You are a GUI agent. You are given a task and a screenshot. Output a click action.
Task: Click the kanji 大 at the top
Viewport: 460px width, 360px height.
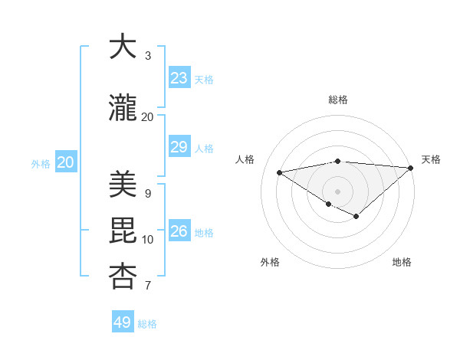[x=123, y=47]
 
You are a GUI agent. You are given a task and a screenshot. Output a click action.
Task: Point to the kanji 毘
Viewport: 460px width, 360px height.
[x=123, y=231]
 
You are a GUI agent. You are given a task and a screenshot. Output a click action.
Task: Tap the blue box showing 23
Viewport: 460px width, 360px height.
[x=179, y=78]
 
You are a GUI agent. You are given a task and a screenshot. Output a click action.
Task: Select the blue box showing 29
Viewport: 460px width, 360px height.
[x=179, y=147]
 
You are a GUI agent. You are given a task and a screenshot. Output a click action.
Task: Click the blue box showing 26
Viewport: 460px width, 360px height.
[x=179, y=231]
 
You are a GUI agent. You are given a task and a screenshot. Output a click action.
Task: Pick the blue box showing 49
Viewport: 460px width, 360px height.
[x=123, y=322]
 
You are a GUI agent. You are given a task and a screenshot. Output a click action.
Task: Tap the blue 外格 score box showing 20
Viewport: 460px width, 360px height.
[x=66, y=162]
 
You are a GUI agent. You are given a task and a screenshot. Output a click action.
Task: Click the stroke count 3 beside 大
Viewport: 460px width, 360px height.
[x=148, y=56]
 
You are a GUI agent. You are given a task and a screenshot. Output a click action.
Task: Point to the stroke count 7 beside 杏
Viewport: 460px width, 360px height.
[x=148, y=286]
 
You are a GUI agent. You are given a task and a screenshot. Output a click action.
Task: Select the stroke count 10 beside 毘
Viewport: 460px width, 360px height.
[x=148, y=240]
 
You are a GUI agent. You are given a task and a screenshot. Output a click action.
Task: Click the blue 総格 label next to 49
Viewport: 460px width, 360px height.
[x=147, y=324]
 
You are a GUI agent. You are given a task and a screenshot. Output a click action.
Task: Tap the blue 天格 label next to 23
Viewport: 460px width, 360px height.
[x=204, y=80]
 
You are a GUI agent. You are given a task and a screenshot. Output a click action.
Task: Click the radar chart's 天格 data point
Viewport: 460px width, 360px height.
[x=411, y=168]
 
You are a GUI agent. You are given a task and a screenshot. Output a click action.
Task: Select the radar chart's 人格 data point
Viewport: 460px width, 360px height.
[x=280, y=172]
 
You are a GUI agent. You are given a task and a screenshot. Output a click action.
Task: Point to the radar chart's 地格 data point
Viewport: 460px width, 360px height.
[x=356, y=217]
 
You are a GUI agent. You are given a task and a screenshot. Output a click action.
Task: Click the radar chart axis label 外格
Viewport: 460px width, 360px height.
[x=270, y=262]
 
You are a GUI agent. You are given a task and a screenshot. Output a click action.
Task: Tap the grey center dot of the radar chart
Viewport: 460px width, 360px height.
[x=337, y=191]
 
